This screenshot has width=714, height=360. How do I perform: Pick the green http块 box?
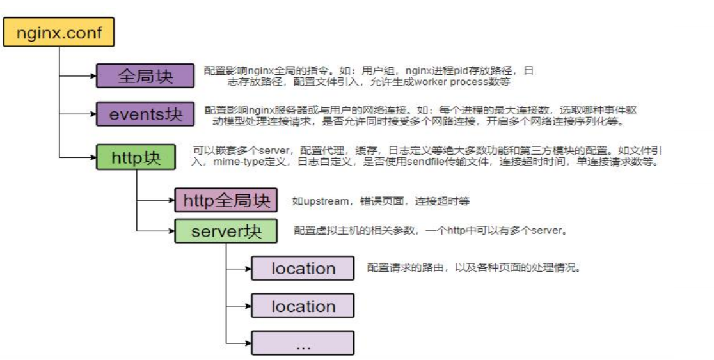(136, 157)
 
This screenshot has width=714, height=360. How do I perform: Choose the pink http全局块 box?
(226, 200)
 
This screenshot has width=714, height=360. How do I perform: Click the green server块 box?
(226, 231)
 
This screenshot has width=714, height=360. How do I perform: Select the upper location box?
(303, 269)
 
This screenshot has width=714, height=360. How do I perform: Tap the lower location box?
(303, 306)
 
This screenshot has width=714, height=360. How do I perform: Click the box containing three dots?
(303, 343)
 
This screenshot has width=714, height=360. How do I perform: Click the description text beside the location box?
(473, 268)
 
